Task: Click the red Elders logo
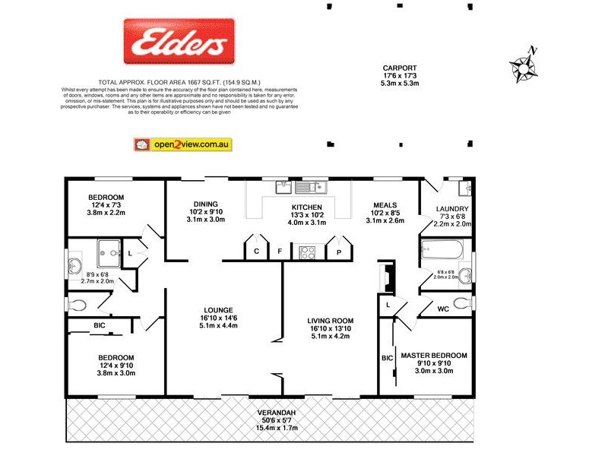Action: pos(179,43)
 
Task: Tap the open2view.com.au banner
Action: pos(182,144)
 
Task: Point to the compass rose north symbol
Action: pos(524,67)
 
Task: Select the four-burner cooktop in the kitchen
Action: pos(309,252)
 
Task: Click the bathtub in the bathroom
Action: pos(442,249)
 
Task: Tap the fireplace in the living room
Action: pos(387,278)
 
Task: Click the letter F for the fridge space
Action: pos(280,251)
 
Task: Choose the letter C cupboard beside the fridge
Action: pos(257,251)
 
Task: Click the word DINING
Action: pos(205,204)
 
